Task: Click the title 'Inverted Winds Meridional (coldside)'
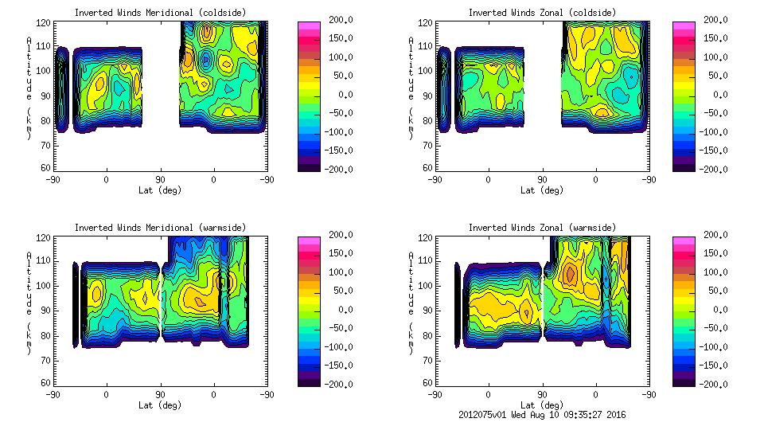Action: (160, 13)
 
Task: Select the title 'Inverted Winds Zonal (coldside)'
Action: (542, 13)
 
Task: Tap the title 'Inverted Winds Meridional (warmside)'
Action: (160, 228)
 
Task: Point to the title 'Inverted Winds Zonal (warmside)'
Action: (542, 228)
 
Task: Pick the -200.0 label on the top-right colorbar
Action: (714, 169)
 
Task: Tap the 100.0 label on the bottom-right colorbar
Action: (714, 272)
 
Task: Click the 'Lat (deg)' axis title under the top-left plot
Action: (160, 190)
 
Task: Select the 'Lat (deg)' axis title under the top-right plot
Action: (542, 190)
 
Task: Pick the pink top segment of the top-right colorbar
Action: (684, 27)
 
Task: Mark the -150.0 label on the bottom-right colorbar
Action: (714, 365)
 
